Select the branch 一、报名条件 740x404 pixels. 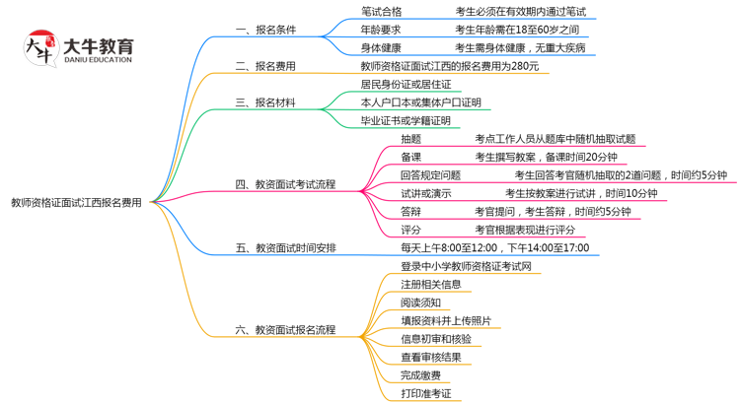265,30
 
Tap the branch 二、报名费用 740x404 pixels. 265,66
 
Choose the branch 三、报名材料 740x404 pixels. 265,102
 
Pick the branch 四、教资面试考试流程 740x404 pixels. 285,183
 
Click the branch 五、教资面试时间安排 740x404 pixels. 285,247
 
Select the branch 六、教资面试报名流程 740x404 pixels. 285,330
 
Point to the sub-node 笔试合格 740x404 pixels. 381,12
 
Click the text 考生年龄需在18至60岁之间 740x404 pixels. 517,30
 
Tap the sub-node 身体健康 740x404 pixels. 381,47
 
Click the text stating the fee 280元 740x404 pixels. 450,66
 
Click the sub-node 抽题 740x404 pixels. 410,139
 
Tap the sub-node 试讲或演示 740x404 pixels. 425,193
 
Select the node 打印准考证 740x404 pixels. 425,393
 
